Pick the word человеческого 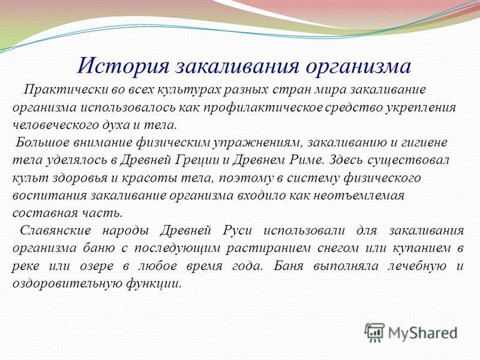[54, 125]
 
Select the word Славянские [55, 230]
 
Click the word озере [96, 266]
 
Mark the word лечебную [417, 265]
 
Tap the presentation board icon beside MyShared [374, 332]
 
